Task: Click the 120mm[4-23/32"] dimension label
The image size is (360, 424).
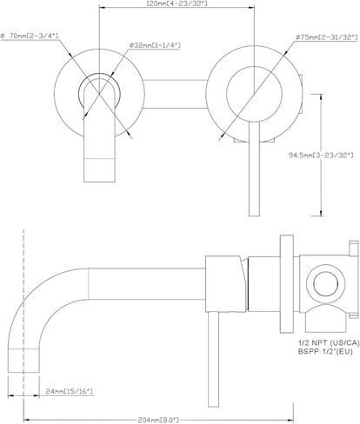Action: point(177,3)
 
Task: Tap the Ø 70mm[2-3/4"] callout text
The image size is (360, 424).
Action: point(30,36)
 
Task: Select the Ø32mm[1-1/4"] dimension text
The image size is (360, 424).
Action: point(155,45)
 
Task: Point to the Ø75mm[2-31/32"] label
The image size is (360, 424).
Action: point(326,37)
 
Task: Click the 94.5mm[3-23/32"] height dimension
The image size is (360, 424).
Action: point(321,156)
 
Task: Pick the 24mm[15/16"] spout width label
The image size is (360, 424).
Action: point(70,392)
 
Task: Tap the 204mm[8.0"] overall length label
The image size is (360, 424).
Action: point(158,420)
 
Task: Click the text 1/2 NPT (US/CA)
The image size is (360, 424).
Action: point(329,343)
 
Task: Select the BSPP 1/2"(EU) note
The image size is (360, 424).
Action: point(325,352)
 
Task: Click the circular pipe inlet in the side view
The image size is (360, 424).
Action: point(326,283)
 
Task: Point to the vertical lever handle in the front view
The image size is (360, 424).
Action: point(254,169)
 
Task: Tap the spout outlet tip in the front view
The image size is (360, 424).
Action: point(99,170)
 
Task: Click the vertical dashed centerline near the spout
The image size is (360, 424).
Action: point(23,324)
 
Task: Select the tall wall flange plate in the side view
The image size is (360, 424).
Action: point(287,284)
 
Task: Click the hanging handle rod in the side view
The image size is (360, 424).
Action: point(213,360)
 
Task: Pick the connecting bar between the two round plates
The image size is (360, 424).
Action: point(176,94)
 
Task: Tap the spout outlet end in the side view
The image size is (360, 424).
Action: point(23,361)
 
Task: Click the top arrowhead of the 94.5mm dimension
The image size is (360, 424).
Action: point(321,96)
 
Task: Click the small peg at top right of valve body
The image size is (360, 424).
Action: point(354,248)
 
